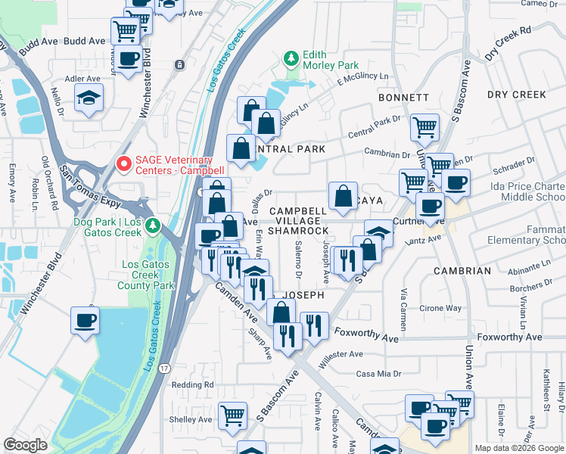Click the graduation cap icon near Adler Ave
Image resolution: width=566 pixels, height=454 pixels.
pyautogui.click(x=89, y=97)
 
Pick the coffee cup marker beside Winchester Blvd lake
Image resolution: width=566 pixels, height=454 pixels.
pyautogui.click(x=85, y=319)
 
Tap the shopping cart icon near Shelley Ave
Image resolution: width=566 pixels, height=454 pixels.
pyautogui.click(x=233, y=415)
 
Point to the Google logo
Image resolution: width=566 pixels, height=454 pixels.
pyautogui.click(x=26, y=445)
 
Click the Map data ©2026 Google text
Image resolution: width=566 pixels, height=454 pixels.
pyautogui.click(x=519, y=448)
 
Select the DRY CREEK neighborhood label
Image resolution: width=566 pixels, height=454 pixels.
pyautogui.click(x=517, y=95)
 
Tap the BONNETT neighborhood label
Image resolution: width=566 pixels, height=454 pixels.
pyautogui.click(x=403, y=98)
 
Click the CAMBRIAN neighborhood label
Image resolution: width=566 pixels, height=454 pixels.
pyautogui.click(x=462, y=270)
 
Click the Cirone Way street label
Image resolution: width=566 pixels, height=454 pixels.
pyautogui.click(x=440, y=309)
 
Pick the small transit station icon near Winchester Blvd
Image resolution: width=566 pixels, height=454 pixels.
pyautogui.click(x=179, y=65)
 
